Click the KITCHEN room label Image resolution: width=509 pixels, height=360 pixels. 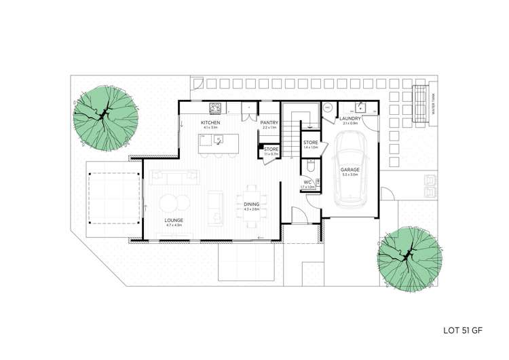tap(210, 122)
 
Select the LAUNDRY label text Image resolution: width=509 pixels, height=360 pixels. tap(350, 118)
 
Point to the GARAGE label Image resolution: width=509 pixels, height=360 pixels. tap(350, 169)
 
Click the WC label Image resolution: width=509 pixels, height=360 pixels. tap(307, 182)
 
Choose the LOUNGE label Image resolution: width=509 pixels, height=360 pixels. tap(174, 221)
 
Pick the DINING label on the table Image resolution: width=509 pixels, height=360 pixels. tap(251, 204)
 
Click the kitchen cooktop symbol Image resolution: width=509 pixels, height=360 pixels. tap(216, 107)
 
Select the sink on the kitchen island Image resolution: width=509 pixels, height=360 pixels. tap(219, 141)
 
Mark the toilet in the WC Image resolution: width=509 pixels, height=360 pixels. tap(311, 165)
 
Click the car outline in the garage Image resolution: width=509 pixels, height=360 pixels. tap(351, 170)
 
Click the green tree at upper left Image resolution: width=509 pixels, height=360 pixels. tap(106, 118)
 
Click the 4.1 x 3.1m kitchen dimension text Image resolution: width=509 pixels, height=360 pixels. tap(210, 127)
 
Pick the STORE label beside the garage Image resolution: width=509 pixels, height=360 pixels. tap(311, 143)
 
